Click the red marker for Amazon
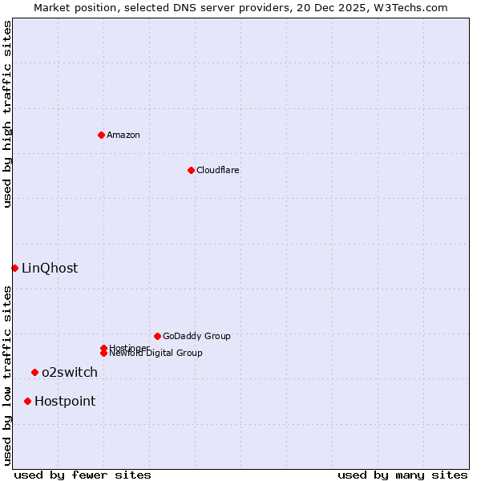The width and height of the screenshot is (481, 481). tap(101, 135)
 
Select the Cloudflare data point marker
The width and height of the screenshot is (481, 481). tap(191, 170)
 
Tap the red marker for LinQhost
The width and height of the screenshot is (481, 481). tap(14, 268)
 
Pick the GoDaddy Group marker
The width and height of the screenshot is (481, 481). tap(157, 336)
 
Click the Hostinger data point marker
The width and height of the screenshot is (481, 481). tap(103, 348)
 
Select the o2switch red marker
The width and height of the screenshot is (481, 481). tap(34, 372)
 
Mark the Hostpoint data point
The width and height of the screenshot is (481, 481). tap(27, 401)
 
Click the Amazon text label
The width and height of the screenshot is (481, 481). tap(123, 135)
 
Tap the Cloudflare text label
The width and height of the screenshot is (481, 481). tap(218, 170)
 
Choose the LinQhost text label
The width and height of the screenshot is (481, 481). tap(50, 268)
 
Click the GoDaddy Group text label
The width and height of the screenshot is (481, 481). tap(196, 336)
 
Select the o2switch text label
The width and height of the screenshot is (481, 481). tap(70, 372)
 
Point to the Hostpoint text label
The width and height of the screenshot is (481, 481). tap(65, 401)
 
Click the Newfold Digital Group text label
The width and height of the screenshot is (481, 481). tap(156, 354)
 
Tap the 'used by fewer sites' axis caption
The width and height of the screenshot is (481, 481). tap(83, 475)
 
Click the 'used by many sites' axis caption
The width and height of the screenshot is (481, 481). tap(402, 475)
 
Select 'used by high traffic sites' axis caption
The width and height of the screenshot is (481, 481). tap(7, 114)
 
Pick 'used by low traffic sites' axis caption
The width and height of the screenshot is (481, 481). tap(7, 375)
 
